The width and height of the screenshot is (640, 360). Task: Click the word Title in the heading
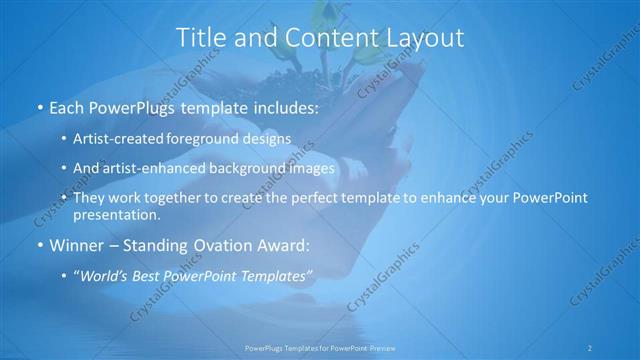pos(201,38)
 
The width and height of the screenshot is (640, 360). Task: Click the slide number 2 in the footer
pos(591,346)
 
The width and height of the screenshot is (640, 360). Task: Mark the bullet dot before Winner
pos(39,244)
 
